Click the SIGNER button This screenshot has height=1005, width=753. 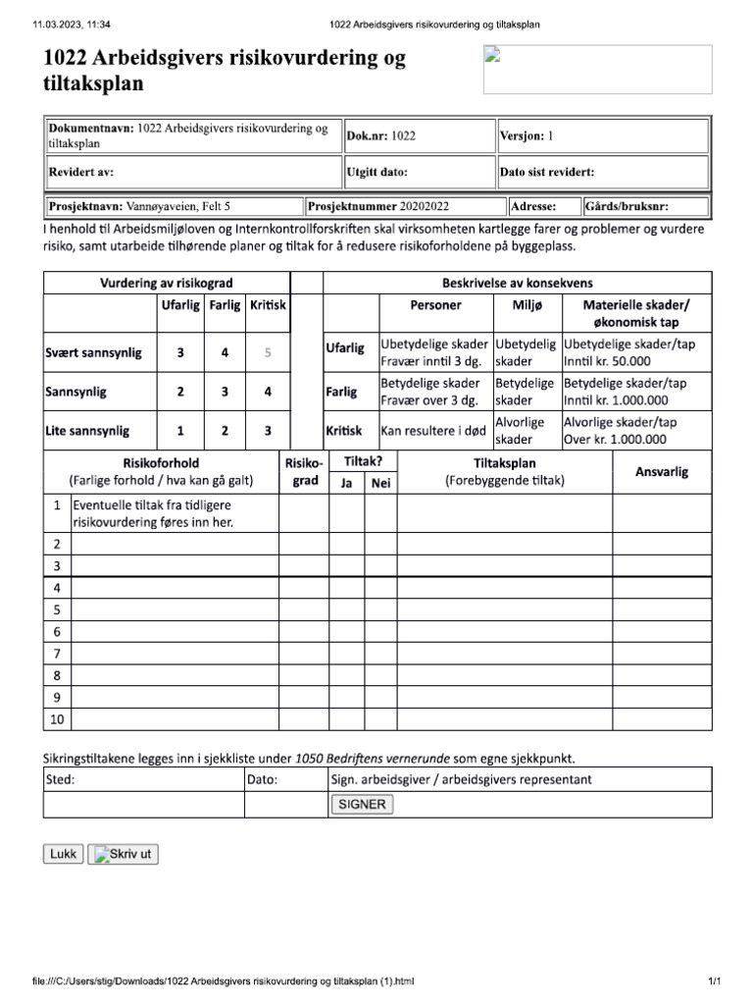361,804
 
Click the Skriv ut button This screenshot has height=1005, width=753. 123,854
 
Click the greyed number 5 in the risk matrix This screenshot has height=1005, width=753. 268,353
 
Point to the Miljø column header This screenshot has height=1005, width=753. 527,305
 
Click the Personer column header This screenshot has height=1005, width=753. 435,305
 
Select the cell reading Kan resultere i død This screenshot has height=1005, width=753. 433,431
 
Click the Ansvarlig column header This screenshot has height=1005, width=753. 662,471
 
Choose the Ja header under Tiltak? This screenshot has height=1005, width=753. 346,482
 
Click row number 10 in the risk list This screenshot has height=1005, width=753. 56,719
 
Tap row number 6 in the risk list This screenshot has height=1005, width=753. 56,631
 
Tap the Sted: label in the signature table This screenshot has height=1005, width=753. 61,780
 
